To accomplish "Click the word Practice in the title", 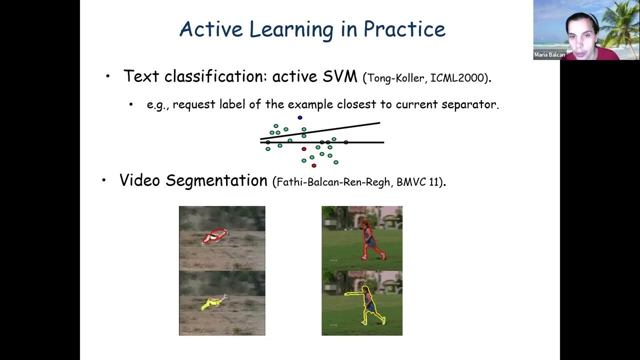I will pos(404,29).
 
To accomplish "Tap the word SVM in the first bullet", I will pos(338,76).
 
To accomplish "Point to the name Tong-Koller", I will pos(397,78).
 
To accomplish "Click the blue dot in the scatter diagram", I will pos(300,117).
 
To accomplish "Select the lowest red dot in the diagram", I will pos(314,165).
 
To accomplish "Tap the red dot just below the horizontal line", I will pos(304,149).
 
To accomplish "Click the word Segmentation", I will pos(216,180).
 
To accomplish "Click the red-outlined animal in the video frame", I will pos(214,236).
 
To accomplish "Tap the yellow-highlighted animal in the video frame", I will pos(212,302).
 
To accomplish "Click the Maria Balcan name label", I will pos(549,55).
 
